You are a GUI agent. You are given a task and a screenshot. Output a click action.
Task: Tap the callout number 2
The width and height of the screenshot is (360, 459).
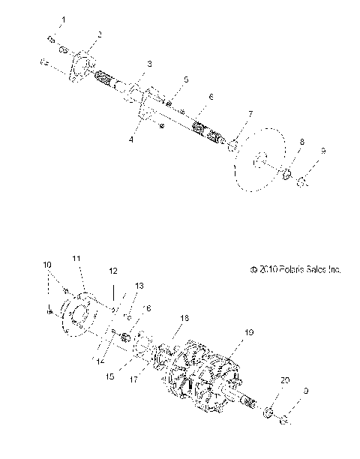click(100, 34)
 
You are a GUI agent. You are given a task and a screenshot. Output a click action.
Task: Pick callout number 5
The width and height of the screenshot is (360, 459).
click(186, 79)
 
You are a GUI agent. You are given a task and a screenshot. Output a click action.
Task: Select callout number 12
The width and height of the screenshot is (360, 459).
click(114, 270)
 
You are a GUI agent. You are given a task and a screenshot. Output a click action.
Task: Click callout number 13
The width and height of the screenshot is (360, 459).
click(138, 286)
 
